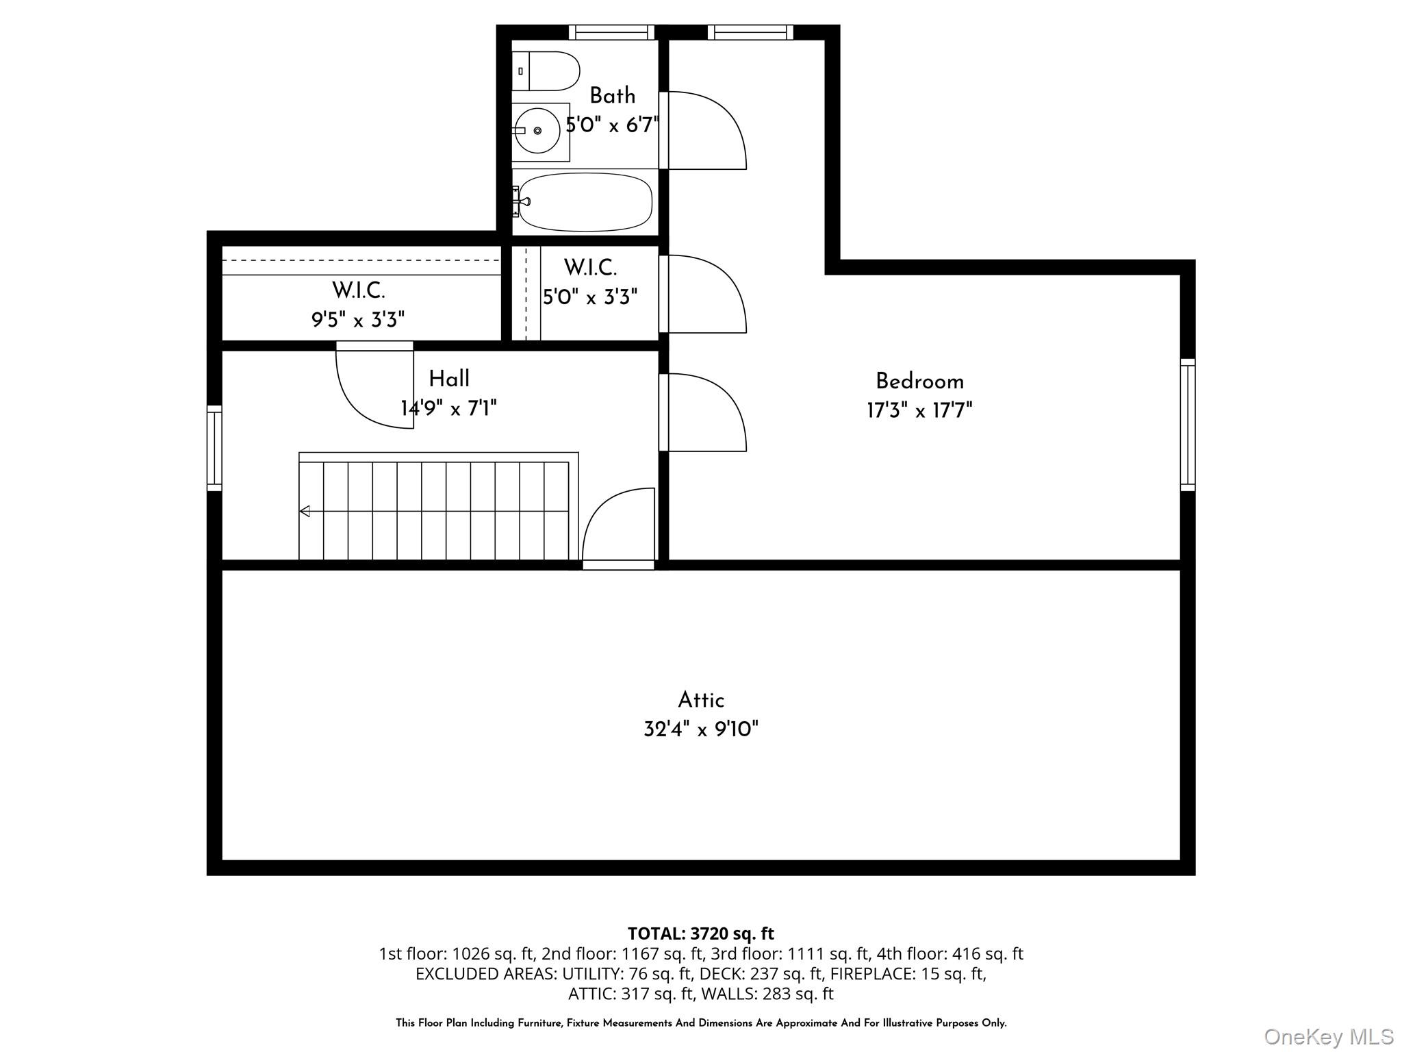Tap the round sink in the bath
pos(537,130)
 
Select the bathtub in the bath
pos(585,203)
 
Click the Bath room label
pos(612,96)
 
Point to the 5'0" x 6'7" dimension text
pos(611,125)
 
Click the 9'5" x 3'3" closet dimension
pos(358,320)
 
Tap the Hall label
pos(449,379)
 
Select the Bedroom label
pos(919,381)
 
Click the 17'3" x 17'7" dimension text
pos(919,411)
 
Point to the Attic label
pos(701,700)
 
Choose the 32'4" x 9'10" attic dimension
pos(701,729)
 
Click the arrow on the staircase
pos(305,511)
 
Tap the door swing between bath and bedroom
pos(705,131)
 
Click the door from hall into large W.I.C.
pos(373,387)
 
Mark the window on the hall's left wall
pos(214,448)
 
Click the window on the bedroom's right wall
pos(1188,425)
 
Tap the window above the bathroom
pos(611,32)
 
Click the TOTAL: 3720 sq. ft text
pos(701,934)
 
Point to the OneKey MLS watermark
pos(1328,1037)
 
